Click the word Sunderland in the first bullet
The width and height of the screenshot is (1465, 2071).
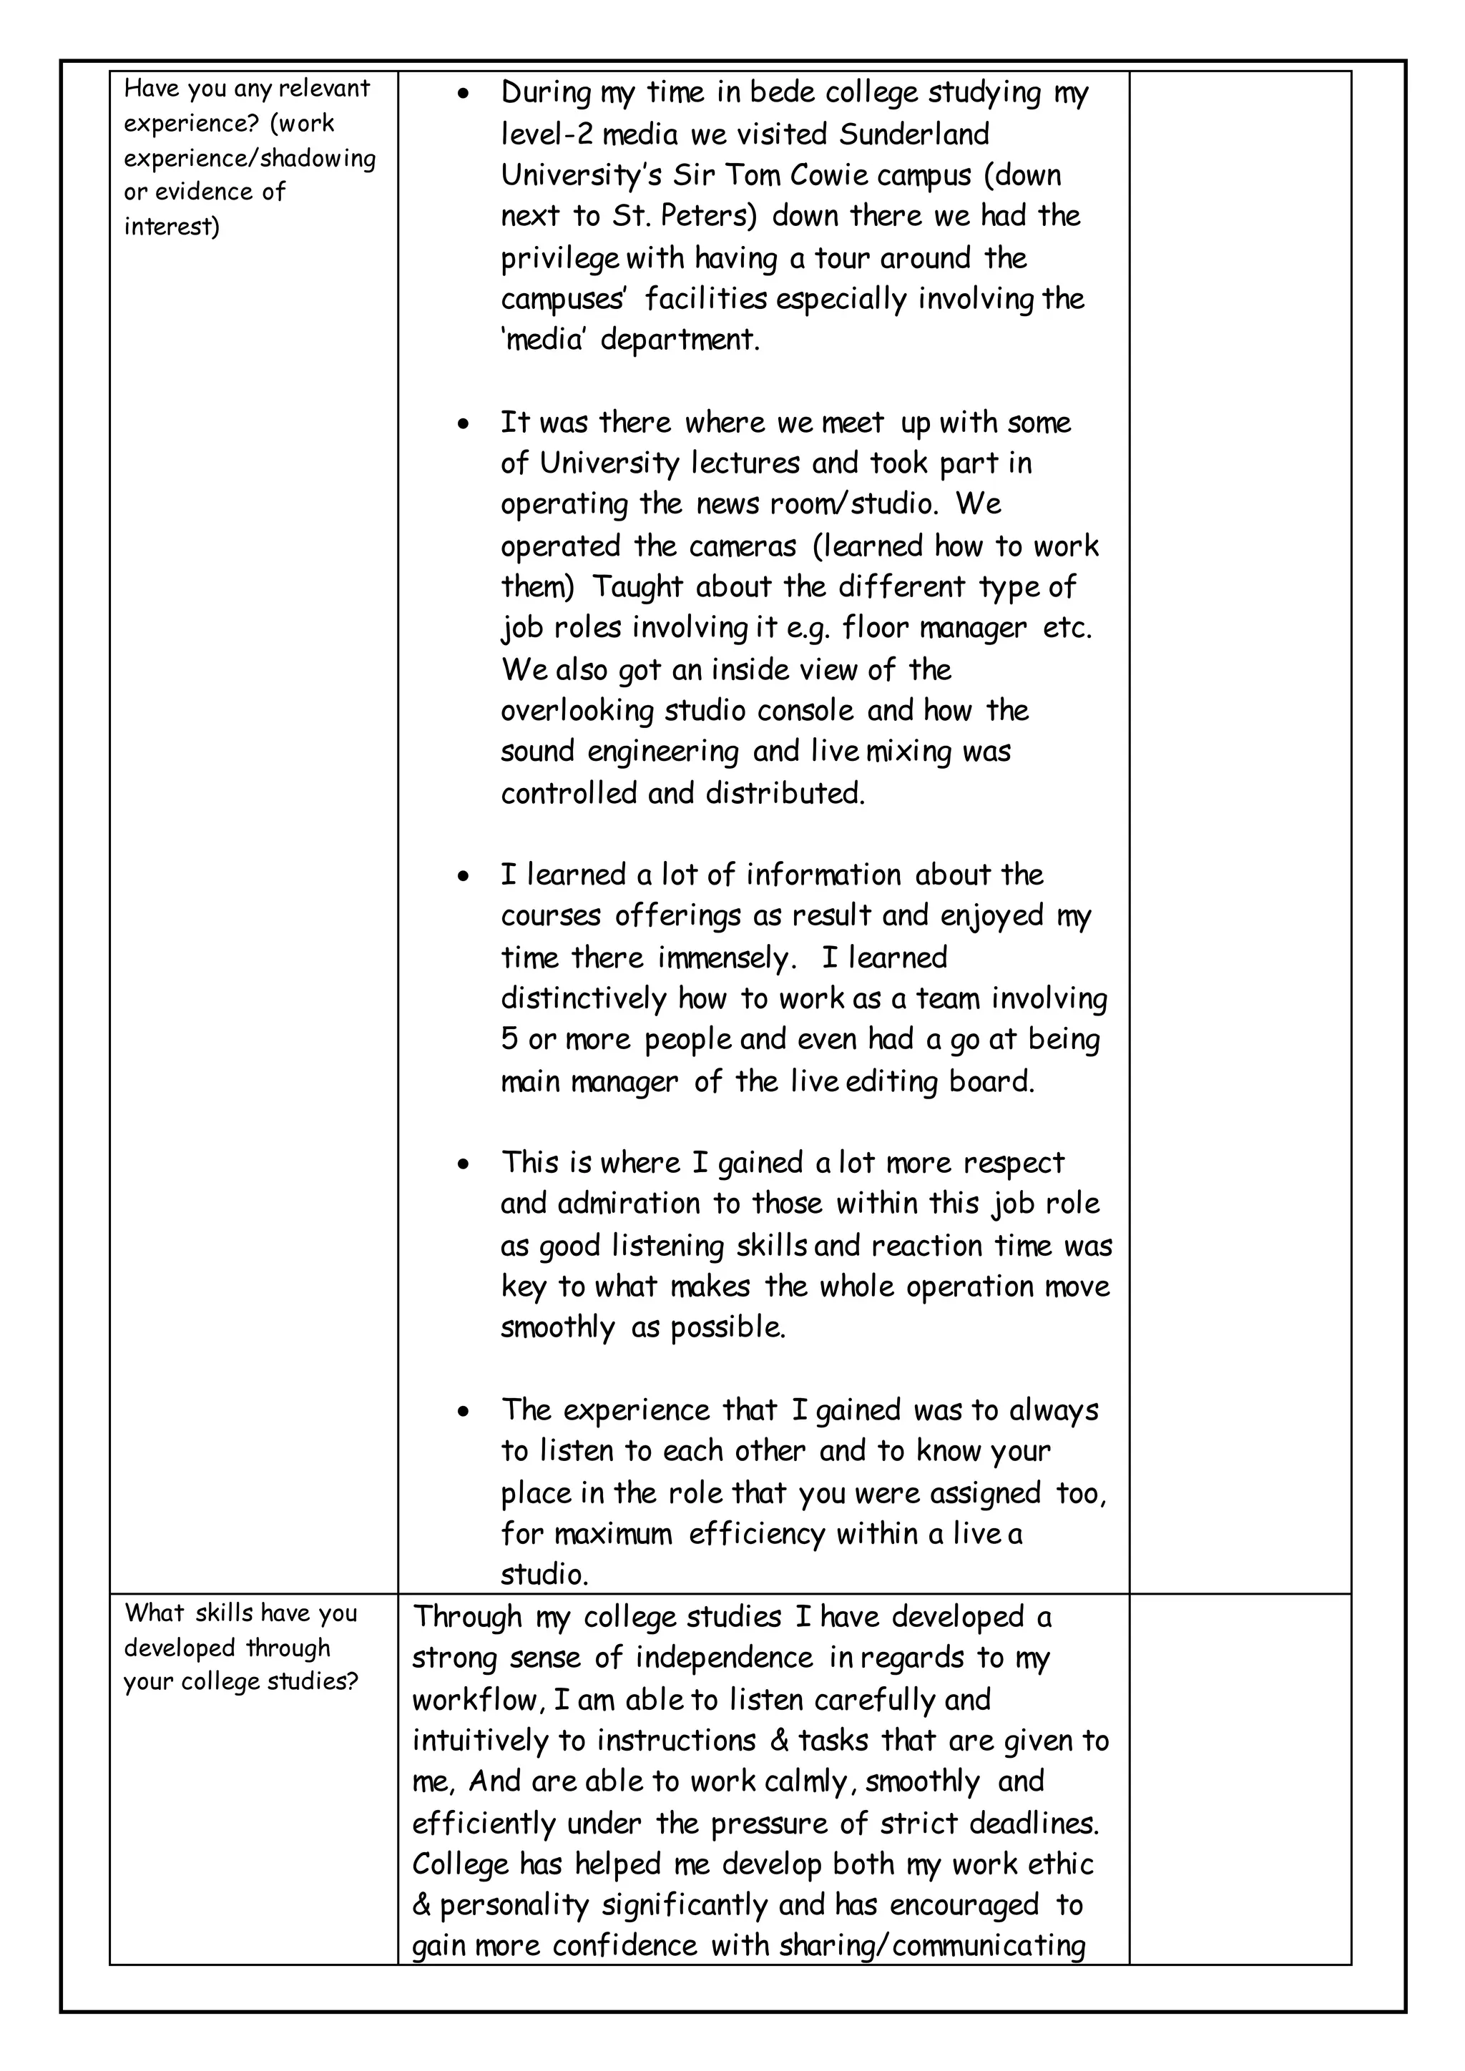point(913,134)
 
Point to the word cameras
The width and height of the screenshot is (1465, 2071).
point(743,546)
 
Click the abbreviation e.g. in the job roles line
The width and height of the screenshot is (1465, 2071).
point(808,628)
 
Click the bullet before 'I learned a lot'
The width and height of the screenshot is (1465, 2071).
point(463,875)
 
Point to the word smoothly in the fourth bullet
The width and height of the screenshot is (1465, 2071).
point(557,1328)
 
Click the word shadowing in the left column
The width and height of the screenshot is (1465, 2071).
point(318,159)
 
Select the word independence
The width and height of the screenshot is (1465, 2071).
point(725,1658)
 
